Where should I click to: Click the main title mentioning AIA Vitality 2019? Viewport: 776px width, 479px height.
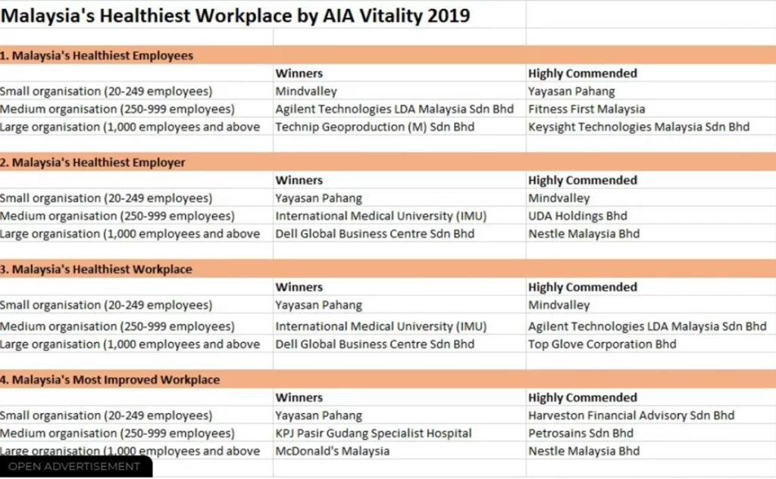click(235, 16)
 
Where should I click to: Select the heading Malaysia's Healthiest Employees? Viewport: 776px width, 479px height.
click(96, 55)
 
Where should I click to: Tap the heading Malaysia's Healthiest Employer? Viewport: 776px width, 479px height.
click(92, 162)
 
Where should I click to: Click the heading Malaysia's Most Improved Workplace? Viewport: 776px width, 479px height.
click(110, 380)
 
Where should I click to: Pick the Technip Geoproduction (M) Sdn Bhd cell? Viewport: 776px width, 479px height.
click(374, 127)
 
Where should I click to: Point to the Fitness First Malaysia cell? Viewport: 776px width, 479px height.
click(587, 109)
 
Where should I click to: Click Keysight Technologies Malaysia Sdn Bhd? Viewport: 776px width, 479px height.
click(638, 127)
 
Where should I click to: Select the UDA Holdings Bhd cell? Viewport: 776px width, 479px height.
click(577, 216)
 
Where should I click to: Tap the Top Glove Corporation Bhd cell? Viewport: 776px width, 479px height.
click(602, 344)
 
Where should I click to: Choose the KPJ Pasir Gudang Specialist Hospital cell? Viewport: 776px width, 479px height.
click(373, 434)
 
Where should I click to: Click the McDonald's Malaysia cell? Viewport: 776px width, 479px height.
click(332, 451)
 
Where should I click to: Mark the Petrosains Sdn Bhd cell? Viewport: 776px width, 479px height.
click(580, 434)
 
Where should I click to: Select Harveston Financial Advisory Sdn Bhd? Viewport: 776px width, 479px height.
click(631, 415)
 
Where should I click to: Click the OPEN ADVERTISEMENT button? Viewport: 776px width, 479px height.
click(74, 466)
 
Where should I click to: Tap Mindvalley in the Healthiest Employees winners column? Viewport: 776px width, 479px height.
click(306, 92)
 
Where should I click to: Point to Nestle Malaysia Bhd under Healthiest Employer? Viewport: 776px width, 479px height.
click(584, 234)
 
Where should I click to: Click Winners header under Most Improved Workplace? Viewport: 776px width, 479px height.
click(299, 397)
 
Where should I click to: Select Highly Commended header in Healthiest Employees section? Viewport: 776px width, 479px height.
click(583, 73)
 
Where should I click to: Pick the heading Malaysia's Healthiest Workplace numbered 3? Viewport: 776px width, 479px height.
click(96, 269)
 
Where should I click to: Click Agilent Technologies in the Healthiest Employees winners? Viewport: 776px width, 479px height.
click(394, 109)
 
